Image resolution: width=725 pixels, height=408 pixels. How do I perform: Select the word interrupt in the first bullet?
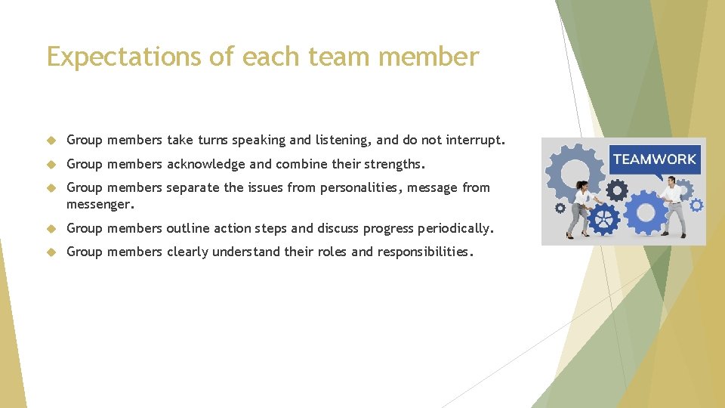[x=474, y=140]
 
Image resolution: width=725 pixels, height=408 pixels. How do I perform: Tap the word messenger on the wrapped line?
[x=100, y=204]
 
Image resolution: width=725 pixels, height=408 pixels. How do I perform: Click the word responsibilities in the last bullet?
[x=424, y=252]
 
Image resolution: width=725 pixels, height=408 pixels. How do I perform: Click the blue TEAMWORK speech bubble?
[x=654, y=160]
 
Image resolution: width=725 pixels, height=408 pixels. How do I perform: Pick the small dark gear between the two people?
[x=616, y=188]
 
